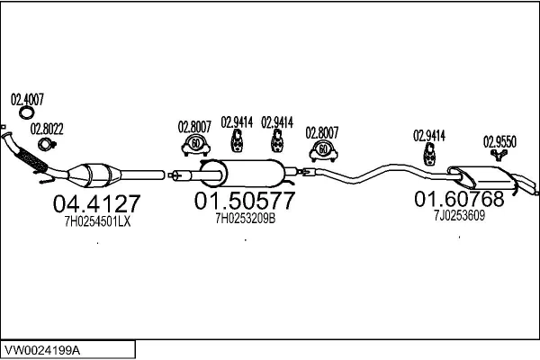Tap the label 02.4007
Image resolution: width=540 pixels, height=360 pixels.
coord(27,98)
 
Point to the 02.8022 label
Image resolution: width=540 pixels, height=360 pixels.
coord(47,128)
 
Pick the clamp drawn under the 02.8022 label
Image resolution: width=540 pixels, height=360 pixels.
coord(42,143)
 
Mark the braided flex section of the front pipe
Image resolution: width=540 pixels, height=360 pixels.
coord(32,160)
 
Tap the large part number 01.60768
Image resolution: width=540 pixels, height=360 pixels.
coord(459,199)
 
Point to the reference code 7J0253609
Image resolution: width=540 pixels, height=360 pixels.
coord(459,215)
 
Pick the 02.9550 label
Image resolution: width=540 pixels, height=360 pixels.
coord(500,141)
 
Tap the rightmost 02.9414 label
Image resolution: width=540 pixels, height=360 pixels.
coord(429,136)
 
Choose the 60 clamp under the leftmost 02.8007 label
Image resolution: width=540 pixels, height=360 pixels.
coord(195,143)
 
